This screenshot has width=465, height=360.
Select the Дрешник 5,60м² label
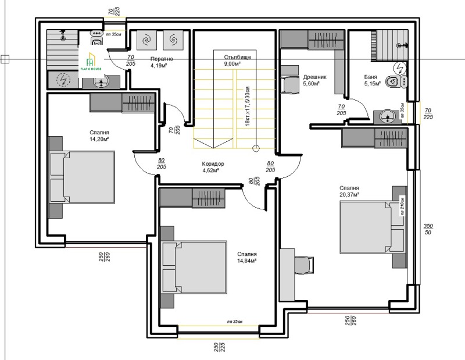[x=314, y=80]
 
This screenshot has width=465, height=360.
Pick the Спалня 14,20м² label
[x=100, y=136]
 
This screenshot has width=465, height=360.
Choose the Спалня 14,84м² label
[x=247, y=258]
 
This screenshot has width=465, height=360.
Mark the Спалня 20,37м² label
[x=349, y=192]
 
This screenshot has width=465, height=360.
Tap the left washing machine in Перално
[x=146, y=40]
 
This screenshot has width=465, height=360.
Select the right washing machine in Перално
[x=173, y=40]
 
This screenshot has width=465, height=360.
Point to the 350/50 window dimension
[x=428, y=229]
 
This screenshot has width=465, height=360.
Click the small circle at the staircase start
[x=255, y=148]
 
